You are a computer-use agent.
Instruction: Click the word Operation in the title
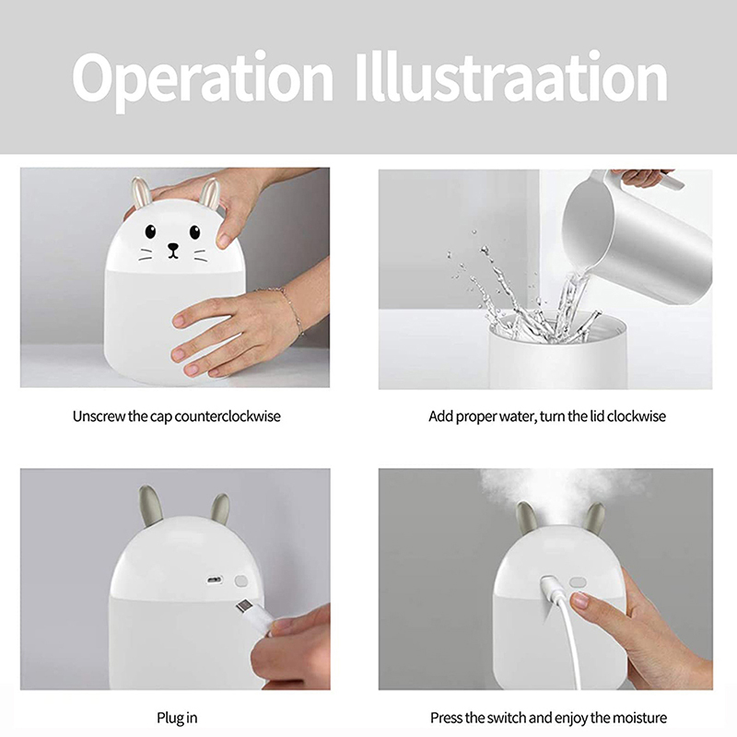[203, 79]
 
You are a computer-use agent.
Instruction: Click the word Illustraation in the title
[511, 76]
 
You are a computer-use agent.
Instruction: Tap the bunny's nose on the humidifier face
[173, 247]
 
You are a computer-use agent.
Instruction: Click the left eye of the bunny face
[150, 231]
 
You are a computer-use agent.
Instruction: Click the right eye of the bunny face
[194, 232]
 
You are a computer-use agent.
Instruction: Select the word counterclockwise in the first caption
[228, 416]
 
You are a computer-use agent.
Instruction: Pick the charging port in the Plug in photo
[215, 580]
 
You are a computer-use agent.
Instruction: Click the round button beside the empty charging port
[241, 581]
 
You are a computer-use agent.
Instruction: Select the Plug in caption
[177, 719]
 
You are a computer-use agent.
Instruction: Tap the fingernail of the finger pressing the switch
[579, 601]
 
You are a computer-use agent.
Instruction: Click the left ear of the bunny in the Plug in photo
[150, 506]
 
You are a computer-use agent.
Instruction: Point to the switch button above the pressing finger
[578, 583]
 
